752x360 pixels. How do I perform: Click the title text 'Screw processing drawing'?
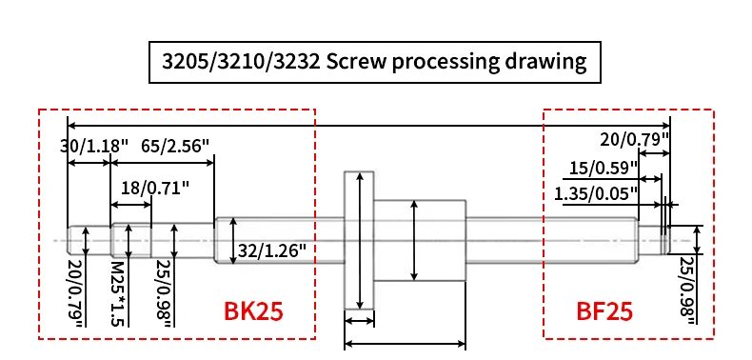456,62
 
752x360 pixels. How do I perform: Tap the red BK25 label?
253,311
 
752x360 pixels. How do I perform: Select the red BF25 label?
604,311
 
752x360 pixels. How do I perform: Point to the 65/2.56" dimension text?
175,146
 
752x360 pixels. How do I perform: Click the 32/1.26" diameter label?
272,250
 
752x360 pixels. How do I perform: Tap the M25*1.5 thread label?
117,293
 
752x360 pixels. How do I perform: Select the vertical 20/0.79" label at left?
75,293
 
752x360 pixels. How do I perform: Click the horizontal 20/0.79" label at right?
635,140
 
